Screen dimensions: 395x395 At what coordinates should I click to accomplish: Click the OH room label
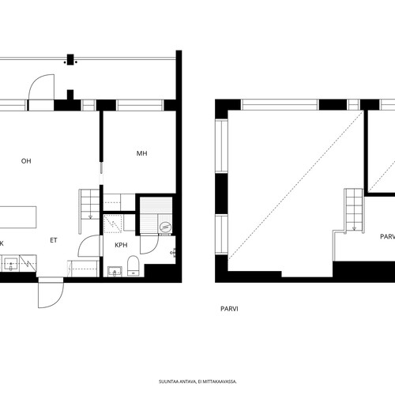[x=26, y=161]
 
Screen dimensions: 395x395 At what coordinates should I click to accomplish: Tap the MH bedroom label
[x=141, y=153]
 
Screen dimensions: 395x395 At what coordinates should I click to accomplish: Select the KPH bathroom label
[x=121, y=245]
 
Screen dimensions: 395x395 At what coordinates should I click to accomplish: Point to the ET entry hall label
[x=54, y=240]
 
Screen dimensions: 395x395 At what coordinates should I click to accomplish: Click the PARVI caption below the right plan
[x=229, y=309]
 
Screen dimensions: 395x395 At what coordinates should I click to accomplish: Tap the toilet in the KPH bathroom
[x=133, y=265]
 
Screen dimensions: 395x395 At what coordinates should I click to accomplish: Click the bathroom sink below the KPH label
[x=115, y=272]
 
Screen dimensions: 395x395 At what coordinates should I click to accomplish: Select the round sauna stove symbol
[x=166, y=227]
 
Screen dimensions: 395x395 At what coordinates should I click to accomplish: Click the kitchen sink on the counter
[x=10, y=264]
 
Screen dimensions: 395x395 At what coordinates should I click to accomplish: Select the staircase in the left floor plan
[x=89, y=211]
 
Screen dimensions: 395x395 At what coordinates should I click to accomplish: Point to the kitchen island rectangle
[x=18, y=217]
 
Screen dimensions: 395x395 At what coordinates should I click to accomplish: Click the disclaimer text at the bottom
[x=197, y=382]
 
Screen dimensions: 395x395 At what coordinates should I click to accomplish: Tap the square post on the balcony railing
[x=70, y=59]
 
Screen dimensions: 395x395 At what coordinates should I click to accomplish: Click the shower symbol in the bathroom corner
[x=113, y=224]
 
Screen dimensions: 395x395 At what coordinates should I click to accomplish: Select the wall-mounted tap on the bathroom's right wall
[x=173, y=253]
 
